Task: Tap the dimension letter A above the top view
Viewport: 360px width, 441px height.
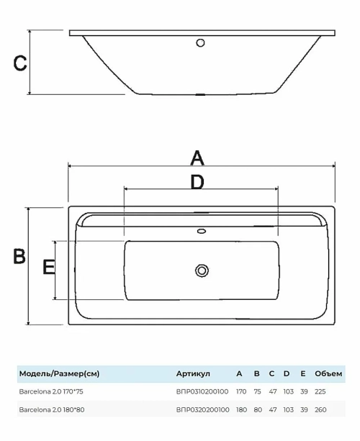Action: [197, 158]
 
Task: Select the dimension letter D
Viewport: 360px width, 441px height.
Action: [197, 182]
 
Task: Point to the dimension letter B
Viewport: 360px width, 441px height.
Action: [19, 256]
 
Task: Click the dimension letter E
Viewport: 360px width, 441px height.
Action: [48, 267]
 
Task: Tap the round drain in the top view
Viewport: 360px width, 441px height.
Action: [202, 270]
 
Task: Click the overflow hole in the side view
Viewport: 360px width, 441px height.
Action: [200, 42]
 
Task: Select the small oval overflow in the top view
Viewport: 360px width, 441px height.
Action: [202, 231]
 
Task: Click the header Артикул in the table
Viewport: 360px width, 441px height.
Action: [193, 374]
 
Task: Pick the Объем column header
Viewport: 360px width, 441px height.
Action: [328, 373]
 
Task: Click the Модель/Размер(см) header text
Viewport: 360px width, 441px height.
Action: [59, 374]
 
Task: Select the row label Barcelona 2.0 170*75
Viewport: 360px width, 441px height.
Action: [51, 391]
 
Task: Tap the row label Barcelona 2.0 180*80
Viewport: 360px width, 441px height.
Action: [52, 409]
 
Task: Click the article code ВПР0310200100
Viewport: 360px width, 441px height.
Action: [202, 391]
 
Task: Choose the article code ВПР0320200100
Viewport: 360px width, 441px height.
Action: [202, 409]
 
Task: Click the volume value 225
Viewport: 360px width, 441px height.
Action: [320, 391]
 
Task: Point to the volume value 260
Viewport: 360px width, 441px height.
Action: [320, 409]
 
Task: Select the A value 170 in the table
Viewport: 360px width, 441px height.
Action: [241, 391]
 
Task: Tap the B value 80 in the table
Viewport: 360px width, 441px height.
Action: [258, 409]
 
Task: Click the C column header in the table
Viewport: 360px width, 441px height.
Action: [271, 373]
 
